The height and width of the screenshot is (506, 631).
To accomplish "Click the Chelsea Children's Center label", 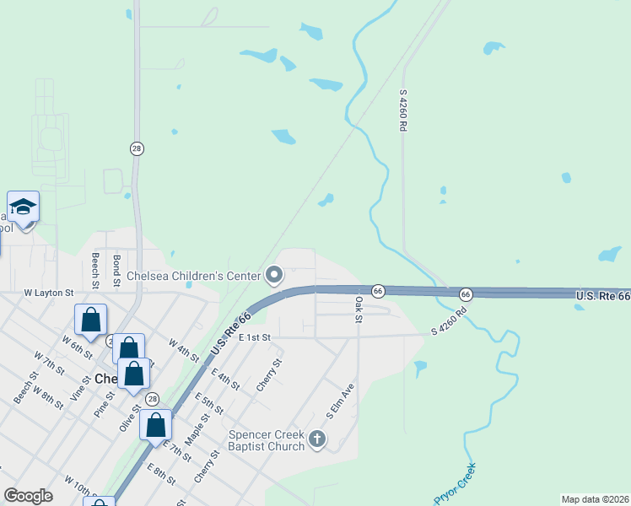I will coord(195,275).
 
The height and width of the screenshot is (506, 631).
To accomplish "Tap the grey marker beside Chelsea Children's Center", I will coord(274,275).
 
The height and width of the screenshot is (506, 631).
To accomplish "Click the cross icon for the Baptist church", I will coord(317,439).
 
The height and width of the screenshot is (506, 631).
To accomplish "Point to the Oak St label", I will coord(359,308).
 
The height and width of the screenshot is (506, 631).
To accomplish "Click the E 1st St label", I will coord(253,337).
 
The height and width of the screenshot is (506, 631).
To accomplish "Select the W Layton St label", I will coord(49,293).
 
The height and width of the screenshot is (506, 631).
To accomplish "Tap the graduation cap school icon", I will coord(23,207).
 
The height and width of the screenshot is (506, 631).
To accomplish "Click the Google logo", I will coord(28,496).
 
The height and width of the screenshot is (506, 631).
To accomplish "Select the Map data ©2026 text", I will coord(594,499).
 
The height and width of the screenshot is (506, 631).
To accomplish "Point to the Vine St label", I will coord(80,385).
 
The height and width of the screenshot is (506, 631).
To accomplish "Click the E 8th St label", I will coord(160,475).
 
